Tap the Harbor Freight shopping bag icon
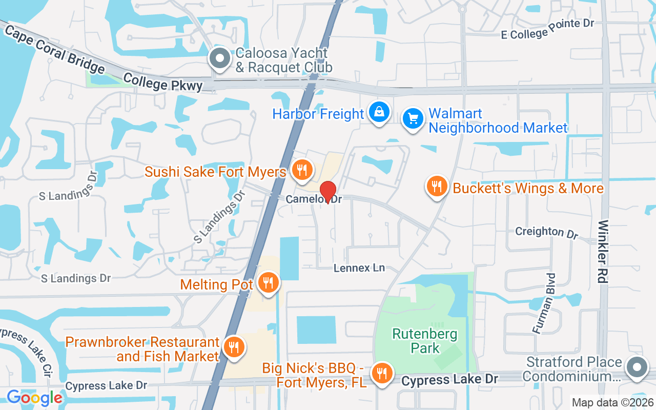tap(379, 112)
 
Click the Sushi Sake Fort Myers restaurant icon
tap(302, 170)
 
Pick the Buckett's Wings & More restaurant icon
tap(437, 187)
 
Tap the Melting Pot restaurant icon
tap(268, 282)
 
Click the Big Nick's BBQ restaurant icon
tap(381, 374)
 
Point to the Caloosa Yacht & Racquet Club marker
tap(220, 59)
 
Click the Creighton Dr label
tap(546, 232)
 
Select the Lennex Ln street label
tap(359, 268)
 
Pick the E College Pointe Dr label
tap(547, 29)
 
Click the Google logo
tap(34, 398)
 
